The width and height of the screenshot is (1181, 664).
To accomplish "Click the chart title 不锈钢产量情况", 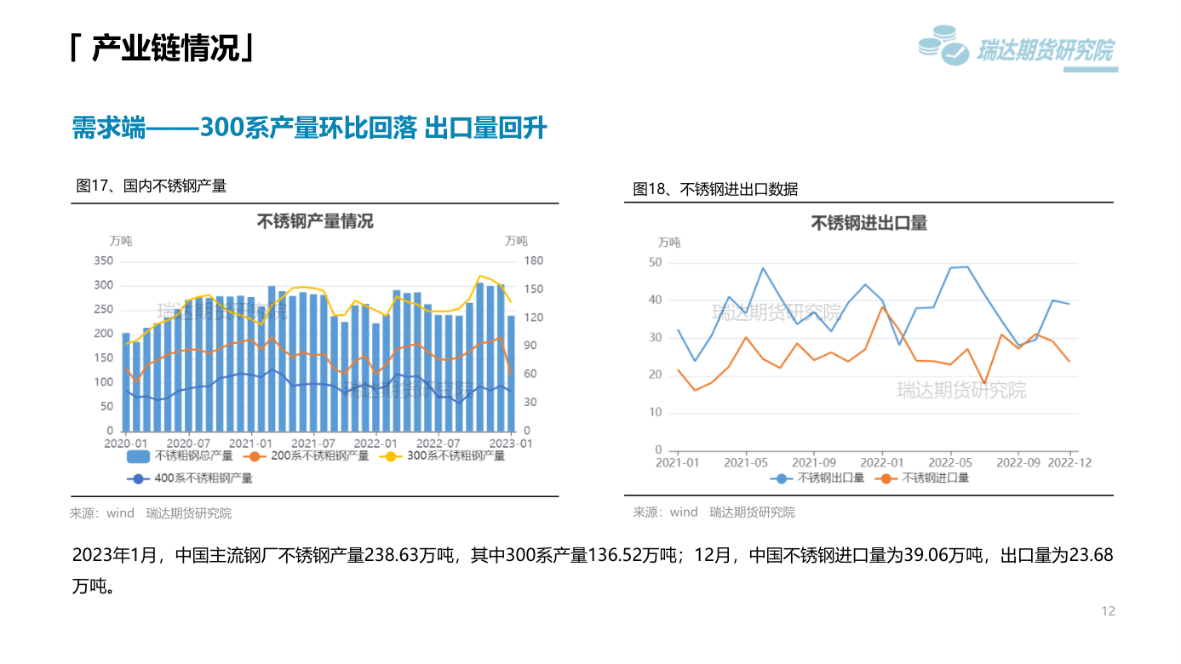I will coord(315,222).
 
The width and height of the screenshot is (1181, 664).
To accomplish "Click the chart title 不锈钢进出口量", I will coord(869,223).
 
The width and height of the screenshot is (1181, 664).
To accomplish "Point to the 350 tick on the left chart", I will coord(103,260).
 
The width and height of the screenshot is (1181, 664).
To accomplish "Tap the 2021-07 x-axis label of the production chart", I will coord(313,444).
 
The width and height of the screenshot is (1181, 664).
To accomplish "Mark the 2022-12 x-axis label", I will coord(1069,463).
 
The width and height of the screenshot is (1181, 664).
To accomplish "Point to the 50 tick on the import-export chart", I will coord(655,262).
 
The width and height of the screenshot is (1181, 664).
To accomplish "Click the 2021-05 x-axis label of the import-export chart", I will coord(746,463).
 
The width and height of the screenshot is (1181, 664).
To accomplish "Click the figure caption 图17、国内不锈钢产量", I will coord(152,186).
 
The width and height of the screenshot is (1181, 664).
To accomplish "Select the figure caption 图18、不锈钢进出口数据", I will coord(715,189).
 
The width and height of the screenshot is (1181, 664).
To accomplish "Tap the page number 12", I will coord(1108,611).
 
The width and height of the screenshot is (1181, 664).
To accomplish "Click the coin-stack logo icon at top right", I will coord(943,46).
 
